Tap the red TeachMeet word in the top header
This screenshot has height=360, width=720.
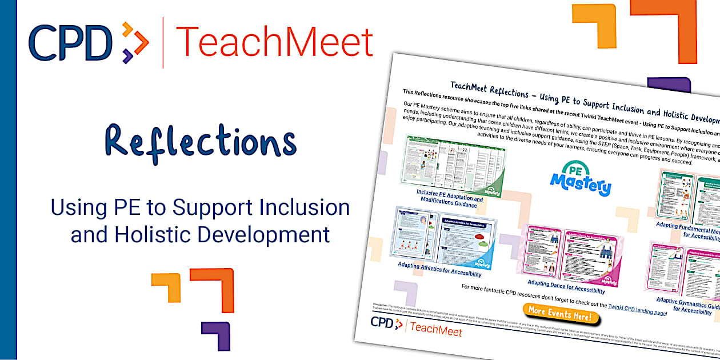coord(274,42)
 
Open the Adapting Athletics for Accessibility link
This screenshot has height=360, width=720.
coord(440,269)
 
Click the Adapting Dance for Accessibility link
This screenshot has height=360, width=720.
coord(566,286)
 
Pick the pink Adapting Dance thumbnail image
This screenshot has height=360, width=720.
coord(571,251)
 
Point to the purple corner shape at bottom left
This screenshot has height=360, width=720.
coord(216,334)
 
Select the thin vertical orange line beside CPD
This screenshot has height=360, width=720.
coord(163,43)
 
